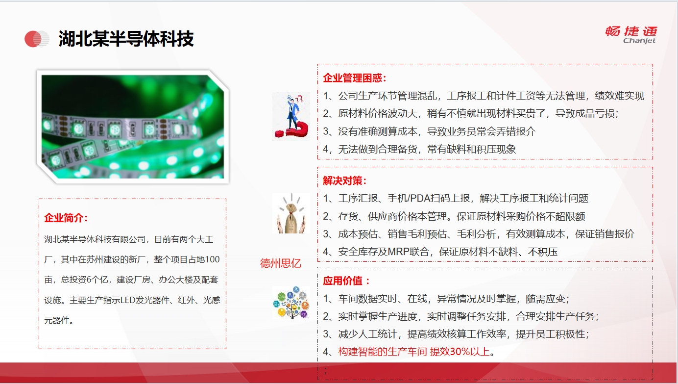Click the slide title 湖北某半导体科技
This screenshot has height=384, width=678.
(x=126, y=39)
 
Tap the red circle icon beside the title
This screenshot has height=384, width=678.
(x=37, y=39)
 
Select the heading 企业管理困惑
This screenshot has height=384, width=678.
(x=355, y=78)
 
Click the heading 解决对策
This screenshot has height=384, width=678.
(x=344, y=181)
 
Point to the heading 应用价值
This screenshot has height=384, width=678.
(x=346, y=281)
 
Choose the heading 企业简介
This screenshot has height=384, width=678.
(x=66, y=218)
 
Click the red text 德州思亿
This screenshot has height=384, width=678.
(x=281, y=263)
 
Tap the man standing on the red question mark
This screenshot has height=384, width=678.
(x=291, y=116)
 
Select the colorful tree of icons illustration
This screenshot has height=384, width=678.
(x=291, y=303)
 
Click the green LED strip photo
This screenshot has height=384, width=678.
(x=133, y=127)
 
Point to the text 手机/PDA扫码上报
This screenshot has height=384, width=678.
(x=429, y=199)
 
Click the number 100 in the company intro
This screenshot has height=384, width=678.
(x=212, y=260)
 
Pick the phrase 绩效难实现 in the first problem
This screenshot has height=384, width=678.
(x=619, y=96)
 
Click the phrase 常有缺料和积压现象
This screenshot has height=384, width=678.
(x=472, y=150)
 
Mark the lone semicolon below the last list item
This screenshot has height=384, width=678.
(x=325, y=371)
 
